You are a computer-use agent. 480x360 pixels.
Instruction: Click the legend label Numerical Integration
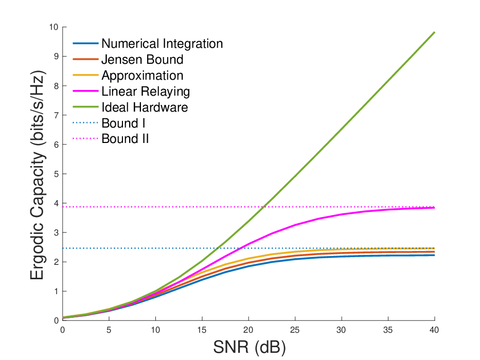coord(162,44)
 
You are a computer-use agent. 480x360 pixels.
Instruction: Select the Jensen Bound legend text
coord(143,59)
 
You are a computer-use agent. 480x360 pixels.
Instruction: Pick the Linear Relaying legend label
coord(146,92)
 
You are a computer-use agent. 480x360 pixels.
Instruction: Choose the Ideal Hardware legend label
coord(145,107)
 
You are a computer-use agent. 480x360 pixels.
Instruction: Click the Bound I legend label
coord(123,123)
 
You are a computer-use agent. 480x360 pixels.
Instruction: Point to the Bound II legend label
coord(125,139)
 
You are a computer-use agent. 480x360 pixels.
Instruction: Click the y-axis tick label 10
coord(54,27)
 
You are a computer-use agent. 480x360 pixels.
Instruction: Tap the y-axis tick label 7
coord(56,115)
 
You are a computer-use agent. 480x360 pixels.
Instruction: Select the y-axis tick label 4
coord(56,203)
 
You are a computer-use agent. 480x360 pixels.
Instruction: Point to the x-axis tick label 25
coord(295,330)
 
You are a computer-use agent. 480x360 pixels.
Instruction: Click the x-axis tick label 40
coord(434,330)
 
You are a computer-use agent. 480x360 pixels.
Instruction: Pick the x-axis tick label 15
coord(202,330)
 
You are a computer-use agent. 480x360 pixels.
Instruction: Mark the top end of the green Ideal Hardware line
coord(434,32)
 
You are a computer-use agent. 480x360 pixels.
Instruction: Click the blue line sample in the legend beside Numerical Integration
coord(85,44)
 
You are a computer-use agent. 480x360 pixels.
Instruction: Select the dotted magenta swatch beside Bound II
coord(85,139)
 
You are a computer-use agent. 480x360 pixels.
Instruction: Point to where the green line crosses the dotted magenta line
coord(263,207)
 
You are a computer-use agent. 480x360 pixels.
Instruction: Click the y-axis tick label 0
coord(56,320)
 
